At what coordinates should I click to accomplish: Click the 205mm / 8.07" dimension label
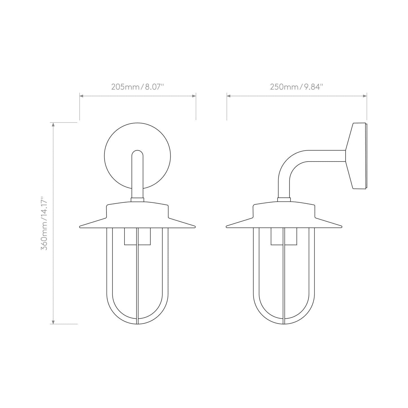point(138,87)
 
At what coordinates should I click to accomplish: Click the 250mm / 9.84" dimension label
point(296,87)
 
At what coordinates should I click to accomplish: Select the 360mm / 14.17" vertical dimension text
point(44,223)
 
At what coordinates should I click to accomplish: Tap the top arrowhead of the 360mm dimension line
point(53,125)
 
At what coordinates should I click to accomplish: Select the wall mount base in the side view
point(357,156)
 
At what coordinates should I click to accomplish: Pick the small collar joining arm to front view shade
point(138,200)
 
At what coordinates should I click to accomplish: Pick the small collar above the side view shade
point(284,200)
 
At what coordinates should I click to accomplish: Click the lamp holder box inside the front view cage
point(138,236)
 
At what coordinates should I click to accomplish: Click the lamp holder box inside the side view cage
point(284,236)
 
